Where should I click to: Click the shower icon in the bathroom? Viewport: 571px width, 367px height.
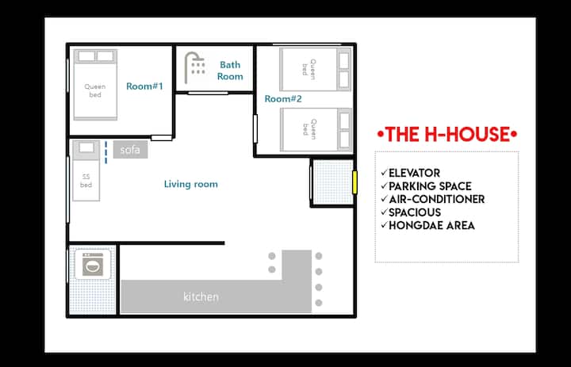[194, 67]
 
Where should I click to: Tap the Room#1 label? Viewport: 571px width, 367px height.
[144, 86]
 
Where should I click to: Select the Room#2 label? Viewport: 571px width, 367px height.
[283, 98]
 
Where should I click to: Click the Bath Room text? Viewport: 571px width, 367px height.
[230, 71]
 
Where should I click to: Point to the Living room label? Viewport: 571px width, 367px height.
[191, 184]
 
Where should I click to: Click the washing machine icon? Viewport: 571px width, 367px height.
[93, 265]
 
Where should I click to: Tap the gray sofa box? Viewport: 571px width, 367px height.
[130, 150]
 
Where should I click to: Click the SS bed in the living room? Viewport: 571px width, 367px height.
[86, 170]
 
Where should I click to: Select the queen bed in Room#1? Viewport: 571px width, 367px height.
[95, 85]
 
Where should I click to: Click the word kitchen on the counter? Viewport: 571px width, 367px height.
[201, 296]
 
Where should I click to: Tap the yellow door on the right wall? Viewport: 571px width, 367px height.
[354, 182]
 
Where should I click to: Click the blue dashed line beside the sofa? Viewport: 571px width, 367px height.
[106, 152]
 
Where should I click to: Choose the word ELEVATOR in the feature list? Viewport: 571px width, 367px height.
[415, 173]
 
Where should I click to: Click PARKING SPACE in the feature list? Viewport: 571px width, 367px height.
[430, 186]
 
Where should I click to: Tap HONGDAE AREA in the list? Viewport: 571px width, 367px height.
[431, 225]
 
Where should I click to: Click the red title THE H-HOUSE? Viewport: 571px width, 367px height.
[447, 134]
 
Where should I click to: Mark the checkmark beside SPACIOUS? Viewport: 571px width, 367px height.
[384, 212]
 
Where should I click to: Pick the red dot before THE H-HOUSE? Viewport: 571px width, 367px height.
[381, 134]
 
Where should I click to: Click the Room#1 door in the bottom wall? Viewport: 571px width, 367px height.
[161, 138]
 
